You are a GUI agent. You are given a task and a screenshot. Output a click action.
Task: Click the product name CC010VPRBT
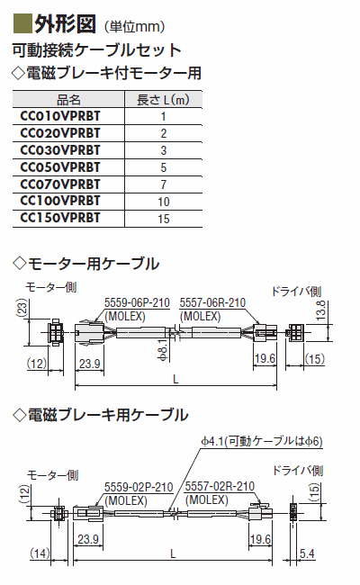[60, 116]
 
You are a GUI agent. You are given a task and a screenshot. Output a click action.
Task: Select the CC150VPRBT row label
[60, 218]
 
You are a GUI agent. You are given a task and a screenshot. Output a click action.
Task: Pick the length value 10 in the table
[164, 202]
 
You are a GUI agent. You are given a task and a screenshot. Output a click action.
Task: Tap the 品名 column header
[68, 100]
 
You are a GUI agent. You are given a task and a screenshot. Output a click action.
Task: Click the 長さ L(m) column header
[163, 100]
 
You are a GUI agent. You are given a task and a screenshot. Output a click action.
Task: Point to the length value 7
[164, 184]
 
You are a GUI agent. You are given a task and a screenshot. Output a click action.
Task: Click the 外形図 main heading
[65, 24]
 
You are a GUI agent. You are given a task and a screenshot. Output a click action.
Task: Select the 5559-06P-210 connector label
[137, 302]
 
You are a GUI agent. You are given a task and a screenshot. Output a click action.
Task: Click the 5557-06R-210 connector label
[212, 302]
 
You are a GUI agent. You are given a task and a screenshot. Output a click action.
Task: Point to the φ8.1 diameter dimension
[163, 350]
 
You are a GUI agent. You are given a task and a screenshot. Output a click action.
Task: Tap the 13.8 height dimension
[320, 310]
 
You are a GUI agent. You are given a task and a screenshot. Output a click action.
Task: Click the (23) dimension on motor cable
[22, 308]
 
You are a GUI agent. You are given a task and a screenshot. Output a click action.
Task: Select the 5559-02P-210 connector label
[139, 487]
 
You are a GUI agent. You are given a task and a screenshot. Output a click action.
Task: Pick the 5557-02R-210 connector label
[220, 486]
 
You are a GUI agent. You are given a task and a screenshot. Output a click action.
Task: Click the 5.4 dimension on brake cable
[307, 553]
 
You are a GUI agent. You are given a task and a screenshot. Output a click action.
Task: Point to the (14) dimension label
[40, 553]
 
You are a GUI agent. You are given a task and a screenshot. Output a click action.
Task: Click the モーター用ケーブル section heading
[86, 264]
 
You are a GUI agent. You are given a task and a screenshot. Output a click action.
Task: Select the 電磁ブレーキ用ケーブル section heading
[101, 415]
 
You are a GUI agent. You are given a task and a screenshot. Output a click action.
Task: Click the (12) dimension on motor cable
[37, 363]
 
